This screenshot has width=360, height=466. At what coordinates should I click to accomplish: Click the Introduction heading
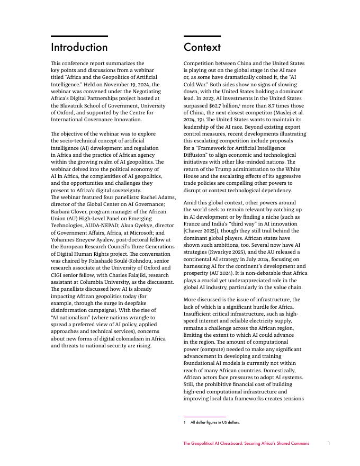(79, 47)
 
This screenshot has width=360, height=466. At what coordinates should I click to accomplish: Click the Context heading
(202, 47)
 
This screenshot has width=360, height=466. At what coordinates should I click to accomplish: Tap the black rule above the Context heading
(202, 36)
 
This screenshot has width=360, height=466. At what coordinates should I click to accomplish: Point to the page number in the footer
(328, 443)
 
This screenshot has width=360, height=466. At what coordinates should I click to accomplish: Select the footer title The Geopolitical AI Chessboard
(246, 443)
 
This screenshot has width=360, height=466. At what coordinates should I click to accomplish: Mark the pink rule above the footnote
(204, 417)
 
